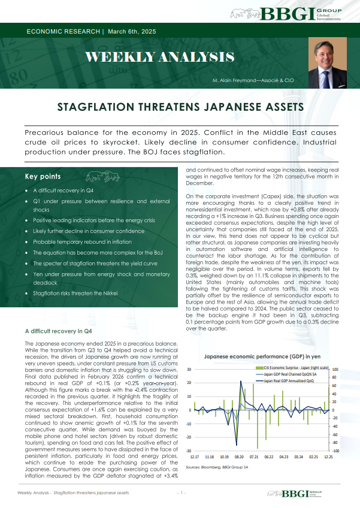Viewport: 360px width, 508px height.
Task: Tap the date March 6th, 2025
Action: click(x=134, y=31)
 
